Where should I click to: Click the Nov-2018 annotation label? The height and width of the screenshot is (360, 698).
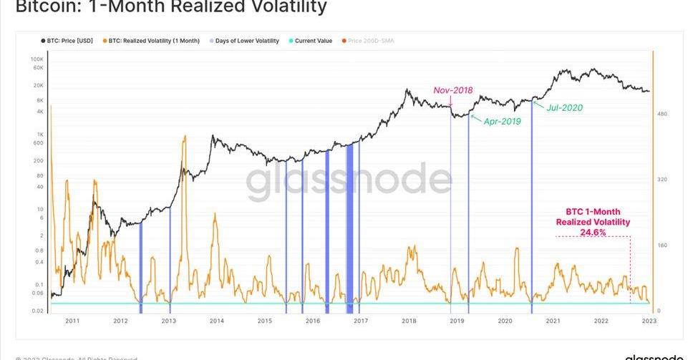click(x=452, y=91)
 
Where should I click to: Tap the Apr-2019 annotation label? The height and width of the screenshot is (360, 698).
click(x=503, y=122)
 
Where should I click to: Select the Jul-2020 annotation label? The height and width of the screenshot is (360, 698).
click(x=564, y=108)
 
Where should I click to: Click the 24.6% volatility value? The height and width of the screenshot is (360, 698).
click(x=593, y=233)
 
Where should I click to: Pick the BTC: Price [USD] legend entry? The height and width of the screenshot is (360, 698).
click(x=67, y=41)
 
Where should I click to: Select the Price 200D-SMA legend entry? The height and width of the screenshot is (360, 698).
click(x=370, y=41)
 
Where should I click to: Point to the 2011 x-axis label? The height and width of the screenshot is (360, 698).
click(x=72, y=321)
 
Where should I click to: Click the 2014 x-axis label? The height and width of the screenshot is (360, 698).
click(x=217, y=321)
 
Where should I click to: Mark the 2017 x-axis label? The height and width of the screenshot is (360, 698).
click(x=361, y=321)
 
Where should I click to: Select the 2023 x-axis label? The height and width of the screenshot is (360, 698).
click(x=649, y=321)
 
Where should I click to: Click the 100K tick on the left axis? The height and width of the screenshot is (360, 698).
click(x=37, y=59)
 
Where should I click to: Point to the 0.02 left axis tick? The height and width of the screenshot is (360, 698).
click(x=37, y=311)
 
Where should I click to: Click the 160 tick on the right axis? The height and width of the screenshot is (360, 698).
click(x=664, y=245)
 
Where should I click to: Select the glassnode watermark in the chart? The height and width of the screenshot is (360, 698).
click(x=349, y=182)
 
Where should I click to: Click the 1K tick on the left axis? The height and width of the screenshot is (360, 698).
click(x=40, y=135)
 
